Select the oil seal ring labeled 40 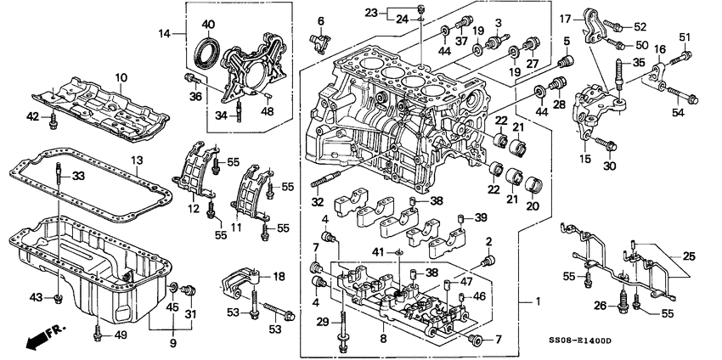(x=206, y=52)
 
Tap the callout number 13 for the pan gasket (x=135, y=160)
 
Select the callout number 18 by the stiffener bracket (x=278, y=277)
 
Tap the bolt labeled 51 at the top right (x=680, y=58)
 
